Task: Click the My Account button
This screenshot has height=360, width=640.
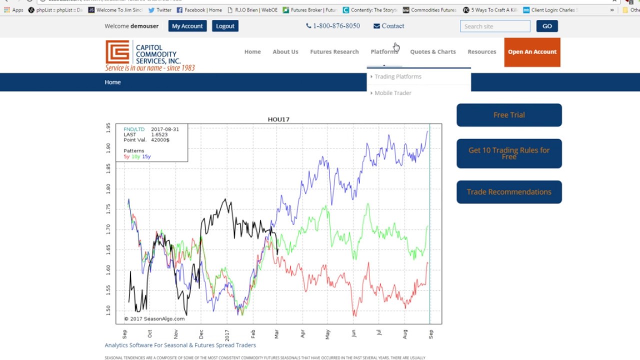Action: tap(187, 26)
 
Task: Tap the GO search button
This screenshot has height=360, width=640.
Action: tap(546, 26)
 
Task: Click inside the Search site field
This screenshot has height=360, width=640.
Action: tap(494, 26)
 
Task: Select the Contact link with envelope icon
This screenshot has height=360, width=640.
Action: tap(388, 26)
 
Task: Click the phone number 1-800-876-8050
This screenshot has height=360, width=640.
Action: tap(333, 26)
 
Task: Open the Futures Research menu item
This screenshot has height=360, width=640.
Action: tap(334, 51)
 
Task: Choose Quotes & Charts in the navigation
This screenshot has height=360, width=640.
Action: tap(432, 51)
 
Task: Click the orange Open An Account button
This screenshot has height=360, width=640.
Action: tap(532, 52)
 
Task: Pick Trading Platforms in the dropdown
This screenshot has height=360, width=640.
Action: tap(398, 76)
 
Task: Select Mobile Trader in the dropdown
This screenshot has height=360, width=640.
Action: tap(393, 93)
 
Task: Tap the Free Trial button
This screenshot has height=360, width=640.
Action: tap(509, 115)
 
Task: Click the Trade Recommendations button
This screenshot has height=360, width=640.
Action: tap(509, 192)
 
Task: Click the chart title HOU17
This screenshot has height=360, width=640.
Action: tap(278, 119)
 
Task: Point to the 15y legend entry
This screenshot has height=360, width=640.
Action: tap(146, 156)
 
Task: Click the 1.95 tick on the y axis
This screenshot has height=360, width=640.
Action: tap(108, 128)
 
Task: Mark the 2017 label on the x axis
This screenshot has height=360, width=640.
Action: tap(227, 333)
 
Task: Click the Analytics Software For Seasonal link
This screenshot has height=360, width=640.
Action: tap(180, 345)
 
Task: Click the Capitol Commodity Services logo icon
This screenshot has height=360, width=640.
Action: tap(117, 52)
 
